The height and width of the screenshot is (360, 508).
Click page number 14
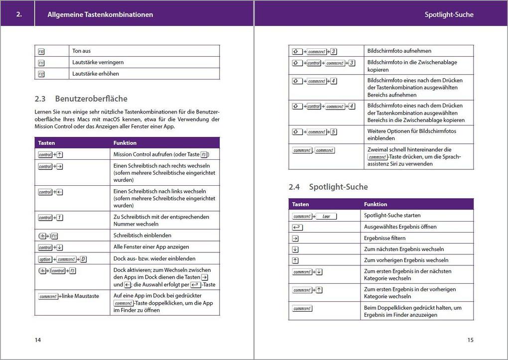click(x=38, y=340)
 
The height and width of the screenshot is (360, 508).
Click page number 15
click(x=470, y=340)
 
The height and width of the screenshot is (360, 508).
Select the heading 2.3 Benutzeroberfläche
click(x=81, y=99)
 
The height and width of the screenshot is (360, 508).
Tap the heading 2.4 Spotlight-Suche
click(x=328, y=187)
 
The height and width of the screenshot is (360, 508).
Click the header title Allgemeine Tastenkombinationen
click(x=100, y=14)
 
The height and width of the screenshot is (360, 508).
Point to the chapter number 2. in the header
click(x=19, y=14)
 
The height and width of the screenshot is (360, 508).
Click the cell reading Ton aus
click(x=82, y=51)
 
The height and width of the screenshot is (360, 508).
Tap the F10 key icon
click(x=41, y=51)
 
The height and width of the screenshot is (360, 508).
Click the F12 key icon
click(x=41, y=74)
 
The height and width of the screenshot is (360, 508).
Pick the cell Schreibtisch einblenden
click(x=142, y=235)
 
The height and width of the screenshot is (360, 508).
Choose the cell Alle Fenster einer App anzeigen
click(x=151, y=246)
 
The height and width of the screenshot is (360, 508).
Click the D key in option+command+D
click(x=83, y=259)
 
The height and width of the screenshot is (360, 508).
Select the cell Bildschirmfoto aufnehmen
click(x=399, y=51)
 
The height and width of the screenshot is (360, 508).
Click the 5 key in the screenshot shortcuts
click(x=333, y=132)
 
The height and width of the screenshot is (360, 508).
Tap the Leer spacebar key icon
click(x=326, y=216)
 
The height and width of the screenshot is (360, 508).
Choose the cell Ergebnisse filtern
click(x=384, y=238)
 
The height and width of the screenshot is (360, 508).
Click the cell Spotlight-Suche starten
click(x=392, y=215)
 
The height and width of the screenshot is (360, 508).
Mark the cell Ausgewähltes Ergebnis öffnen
click(x=400, y=227)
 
